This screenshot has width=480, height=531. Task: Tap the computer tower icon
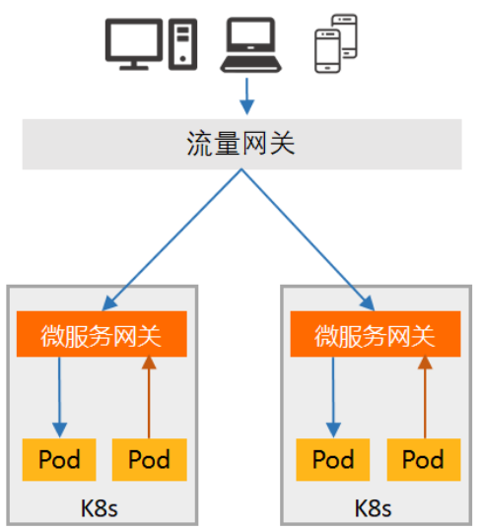point(182,44)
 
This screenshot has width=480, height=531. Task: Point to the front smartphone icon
point(327,51)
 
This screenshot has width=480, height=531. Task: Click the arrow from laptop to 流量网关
point(247,97)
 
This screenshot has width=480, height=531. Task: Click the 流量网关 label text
point(240,144)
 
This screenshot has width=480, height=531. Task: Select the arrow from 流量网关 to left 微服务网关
point(171,239)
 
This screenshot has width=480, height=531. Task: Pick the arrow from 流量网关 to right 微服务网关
point(309,239)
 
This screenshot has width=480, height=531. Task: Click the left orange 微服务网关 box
point(102,334)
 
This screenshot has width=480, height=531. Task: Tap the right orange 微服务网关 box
point(376,334)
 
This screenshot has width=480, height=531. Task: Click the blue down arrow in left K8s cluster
point(59,397)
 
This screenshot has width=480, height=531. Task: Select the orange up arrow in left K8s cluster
point(149,396)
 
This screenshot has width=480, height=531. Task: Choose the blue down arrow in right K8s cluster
point(333,397)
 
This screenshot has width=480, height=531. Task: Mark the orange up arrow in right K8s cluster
point(425,396)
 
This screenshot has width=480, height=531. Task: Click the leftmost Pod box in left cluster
point(59,459)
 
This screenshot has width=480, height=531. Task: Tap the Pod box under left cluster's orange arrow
point(150,459)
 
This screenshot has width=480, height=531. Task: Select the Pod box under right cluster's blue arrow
point(333,459)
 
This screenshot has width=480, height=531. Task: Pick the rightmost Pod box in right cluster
point(424,459)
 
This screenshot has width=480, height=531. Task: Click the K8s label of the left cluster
point(100,508)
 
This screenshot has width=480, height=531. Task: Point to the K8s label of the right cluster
point(373,508)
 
